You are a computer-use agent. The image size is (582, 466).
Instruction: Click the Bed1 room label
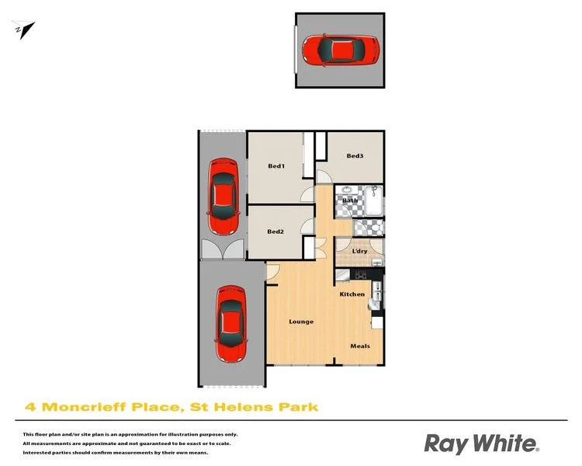pos(276,166)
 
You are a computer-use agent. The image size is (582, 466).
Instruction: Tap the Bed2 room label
pos(275,231)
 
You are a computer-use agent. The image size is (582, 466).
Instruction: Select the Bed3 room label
pos(355,155)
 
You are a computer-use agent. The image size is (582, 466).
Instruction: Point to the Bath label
pos(350,200)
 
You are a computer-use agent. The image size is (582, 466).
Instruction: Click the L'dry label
pos(359,251)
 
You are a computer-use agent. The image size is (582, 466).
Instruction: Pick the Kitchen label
pos(352,294)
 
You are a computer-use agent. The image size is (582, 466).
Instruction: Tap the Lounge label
pos(301,322)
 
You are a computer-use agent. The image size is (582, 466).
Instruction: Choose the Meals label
pos(360,346)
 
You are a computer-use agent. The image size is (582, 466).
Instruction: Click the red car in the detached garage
pos(341,50)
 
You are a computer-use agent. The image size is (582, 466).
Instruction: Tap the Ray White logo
pos(481,443)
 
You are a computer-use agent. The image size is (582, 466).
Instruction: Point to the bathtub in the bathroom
pos(373,201)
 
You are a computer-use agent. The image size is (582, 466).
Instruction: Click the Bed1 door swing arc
pos(308,194)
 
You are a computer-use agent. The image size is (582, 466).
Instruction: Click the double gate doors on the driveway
pos(223,249)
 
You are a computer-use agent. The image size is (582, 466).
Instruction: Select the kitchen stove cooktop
pos(360,275)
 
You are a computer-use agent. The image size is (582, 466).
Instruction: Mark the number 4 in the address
pos(30,407)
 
